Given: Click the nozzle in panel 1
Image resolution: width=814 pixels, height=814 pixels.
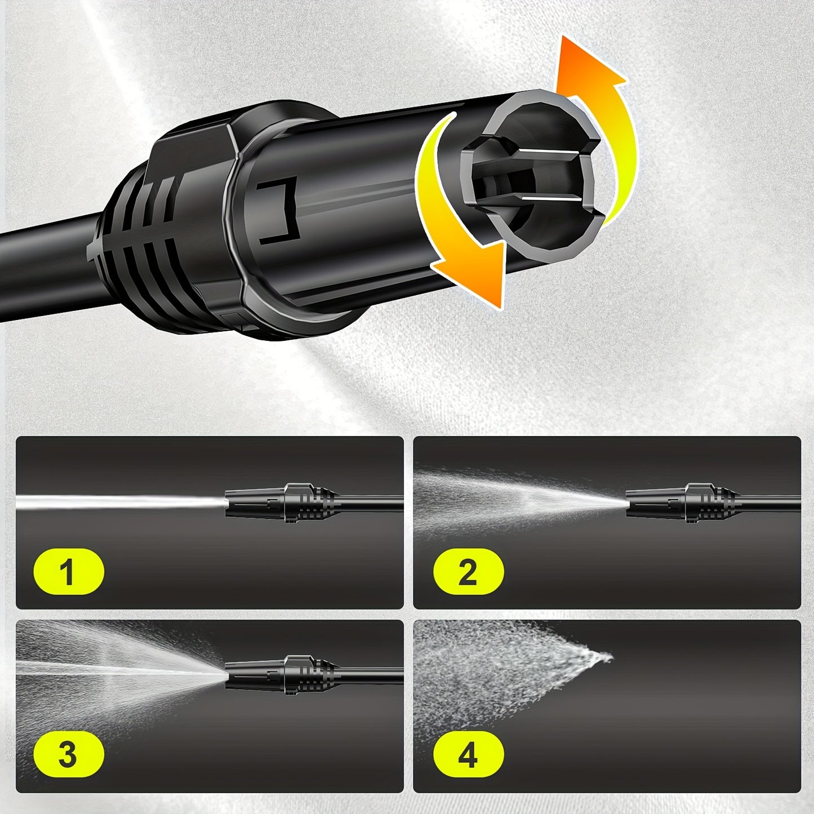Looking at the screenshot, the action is pos(282,502).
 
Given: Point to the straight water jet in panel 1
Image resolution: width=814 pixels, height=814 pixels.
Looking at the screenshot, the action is pos(121,503).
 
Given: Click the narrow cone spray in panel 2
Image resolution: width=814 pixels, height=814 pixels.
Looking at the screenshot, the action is pos(519,501).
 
